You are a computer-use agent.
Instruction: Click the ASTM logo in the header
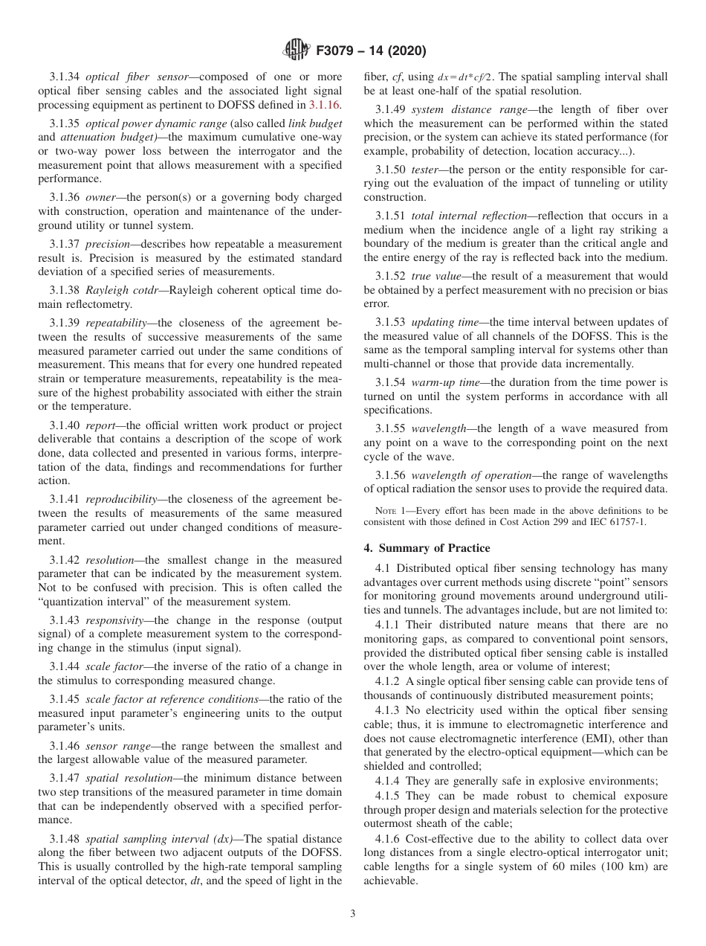(297, 51)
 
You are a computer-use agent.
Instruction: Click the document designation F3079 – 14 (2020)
(371, 52)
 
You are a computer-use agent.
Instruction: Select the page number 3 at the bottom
(353, 913)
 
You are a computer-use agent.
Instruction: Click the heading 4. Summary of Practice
(427, 548)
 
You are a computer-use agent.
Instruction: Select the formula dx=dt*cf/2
(472, 77)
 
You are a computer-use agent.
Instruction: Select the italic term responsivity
(115, 619)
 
